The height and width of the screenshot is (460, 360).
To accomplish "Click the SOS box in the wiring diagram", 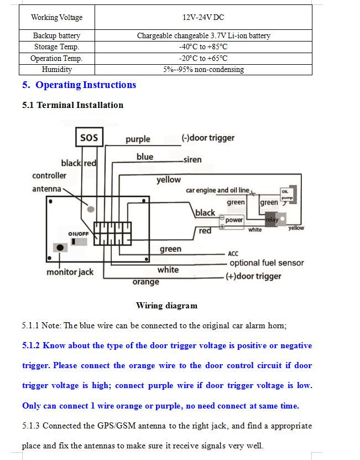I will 88,138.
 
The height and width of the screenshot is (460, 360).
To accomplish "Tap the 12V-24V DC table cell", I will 203,17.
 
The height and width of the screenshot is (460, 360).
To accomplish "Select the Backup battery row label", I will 56,35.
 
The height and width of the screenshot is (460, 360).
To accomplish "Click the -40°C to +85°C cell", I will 203,47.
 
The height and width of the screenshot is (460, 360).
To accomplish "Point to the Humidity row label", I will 56,70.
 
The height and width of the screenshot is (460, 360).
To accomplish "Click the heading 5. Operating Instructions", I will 79,85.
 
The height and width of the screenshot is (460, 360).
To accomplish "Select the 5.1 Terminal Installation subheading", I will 72,105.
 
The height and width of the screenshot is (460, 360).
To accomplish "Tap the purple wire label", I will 138,139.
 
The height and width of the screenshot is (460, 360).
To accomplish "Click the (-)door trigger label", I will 208,138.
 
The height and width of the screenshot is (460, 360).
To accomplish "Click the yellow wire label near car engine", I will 168,179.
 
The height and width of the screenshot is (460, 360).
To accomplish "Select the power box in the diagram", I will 234,220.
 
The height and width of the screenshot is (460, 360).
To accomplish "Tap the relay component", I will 272,219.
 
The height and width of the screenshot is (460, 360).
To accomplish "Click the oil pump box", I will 286,195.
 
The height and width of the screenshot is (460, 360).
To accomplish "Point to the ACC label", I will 233,254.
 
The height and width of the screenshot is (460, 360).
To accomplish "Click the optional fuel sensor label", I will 267,263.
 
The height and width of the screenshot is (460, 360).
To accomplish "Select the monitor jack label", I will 70,272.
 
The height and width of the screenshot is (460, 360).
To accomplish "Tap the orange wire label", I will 146,282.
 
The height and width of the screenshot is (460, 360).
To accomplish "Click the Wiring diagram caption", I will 166,306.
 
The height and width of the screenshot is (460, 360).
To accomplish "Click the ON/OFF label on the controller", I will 79,234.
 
